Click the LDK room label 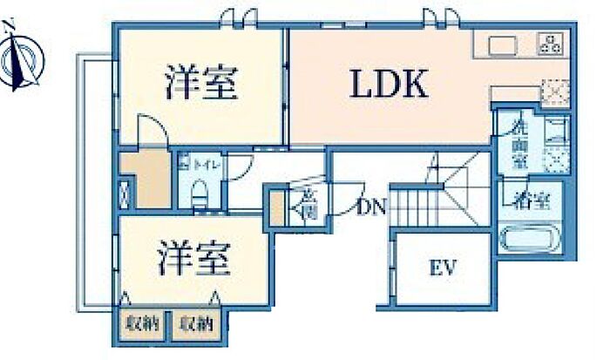[388, 85]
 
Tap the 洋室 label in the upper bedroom [201, 85]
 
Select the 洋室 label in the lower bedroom [193, 259]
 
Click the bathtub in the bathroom [529, 237]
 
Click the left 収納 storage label [146, 324]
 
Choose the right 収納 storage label [196, 324]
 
